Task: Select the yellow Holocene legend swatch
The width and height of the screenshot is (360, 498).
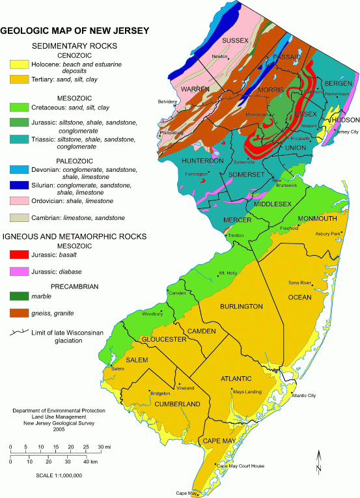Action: (x=17, y=65)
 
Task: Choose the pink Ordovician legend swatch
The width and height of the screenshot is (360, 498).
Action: (x=17, y=202)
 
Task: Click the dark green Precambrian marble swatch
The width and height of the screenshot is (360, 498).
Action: (x=17, y=299)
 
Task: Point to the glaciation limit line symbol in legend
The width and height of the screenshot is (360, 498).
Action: (x=17, y=332)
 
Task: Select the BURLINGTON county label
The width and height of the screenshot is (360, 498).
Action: (x=240, y=306)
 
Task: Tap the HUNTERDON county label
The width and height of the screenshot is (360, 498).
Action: (x=202, y=160)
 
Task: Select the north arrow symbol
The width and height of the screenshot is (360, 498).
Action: (x=319, y=462)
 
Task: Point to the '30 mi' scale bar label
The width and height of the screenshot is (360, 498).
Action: (x=104, y=447)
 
